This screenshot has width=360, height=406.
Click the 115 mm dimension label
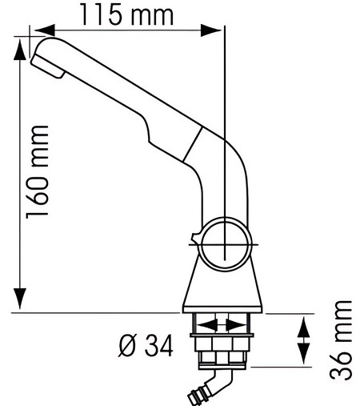pyautogui.click(x=129, y=14)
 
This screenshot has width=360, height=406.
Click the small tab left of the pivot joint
pyautogui.click(x=194, y=239)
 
